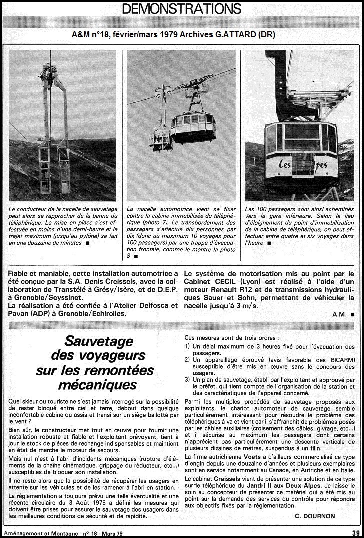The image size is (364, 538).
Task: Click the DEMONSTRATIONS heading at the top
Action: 182,8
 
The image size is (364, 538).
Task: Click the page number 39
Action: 355,533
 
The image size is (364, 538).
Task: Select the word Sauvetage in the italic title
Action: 100,342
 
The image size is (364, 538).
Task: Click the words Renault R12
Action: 233,290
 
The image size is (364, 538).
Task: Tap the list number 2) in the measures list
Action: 187,359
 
